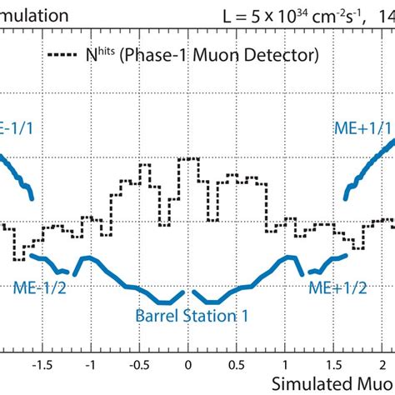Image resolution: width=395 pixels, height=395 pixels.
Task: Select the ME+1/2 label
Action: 337,287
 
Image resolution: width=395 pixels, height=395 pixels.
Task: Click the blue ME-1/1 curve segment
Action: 18,175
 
